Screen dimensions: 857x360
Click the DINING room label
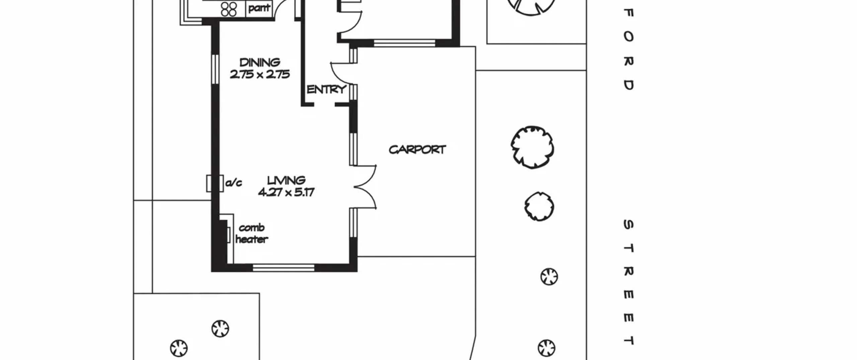[x=260, y=62]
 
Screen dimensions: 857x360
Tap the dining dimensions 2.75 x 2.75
[x=260, y=74]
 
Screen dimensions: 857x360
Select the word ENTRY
[x=326, y=89]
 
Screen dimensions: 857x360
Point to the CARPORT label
[x=417, y=149]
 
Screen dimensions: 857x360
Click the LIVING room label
[x=286, y=181]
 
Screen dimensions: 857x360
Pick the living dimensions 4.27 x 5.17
[x=286, y=192]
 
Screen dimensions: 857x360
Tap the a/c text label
[x=234, y=183]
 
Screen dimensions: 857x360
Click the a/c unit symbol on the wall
[x=215, y=184]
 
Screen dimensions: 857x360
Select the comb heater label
[x=252, y=233]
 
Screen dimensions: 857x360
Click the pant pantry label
[x=259, y=8]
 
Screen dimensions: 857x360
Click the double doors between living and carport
[x=365, y=187]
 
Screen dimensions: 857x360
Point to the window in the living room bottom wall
[x=283, y=268]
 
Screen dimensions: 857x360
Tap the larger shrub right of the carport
[x=532, y=147]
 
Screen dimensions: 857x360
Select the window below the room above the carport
[x=404, y=43]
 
